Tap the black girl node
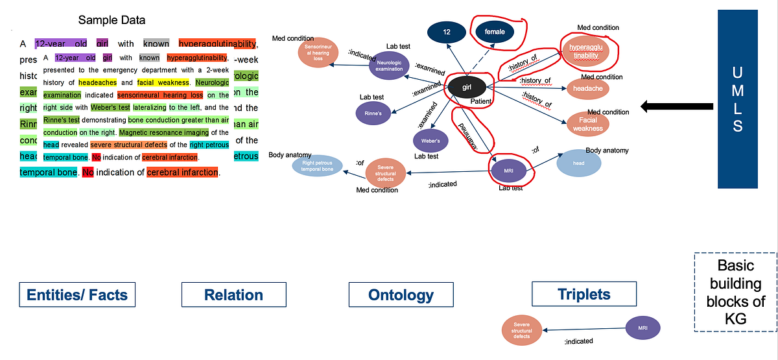point(466,86)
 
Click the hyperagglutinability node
point(586,52)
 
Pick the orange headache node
point(587,88)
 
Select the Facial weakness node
point(587,124)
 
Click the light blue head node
point(578,163)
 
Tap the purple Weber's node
point(430,140)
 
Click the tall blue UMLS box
point(737,99)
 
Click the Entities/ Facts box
point(77,295)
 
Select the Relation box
point(233,295)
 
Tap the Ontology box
point(400,295)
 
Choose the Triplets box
point(583,294)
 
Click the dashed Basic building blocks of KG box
point(735,291)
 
